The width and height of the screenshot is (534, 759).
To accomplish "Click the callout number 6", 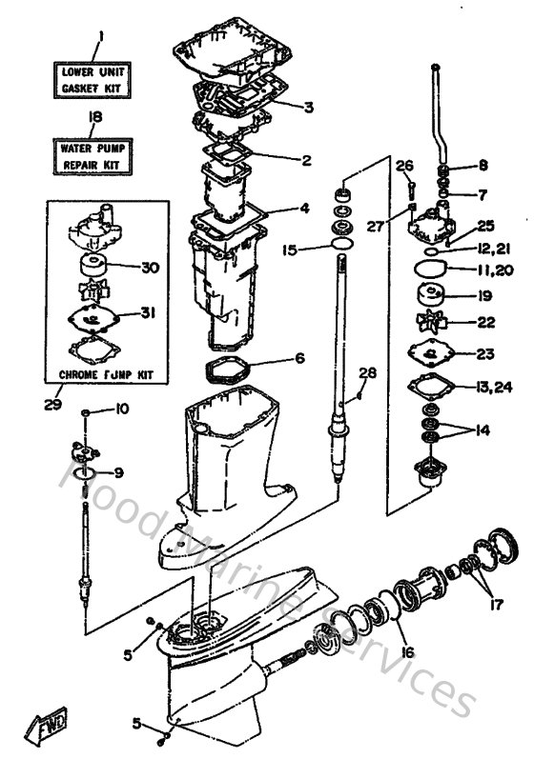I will pos(299,359).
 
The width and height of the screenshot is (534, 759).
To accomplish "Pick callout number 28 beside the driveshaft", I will pos(368,372).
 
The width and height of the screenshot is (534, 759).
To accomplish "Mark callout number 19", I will pos(483,296).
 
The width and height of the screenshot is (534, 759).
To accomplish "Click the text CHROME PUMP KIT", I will pos(105,375).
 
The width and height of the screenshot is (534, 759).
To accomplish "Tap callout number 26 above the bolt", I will pos(405,166).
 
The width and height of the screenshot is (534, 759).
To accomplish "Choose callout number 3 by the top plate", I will pos(308,108).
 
